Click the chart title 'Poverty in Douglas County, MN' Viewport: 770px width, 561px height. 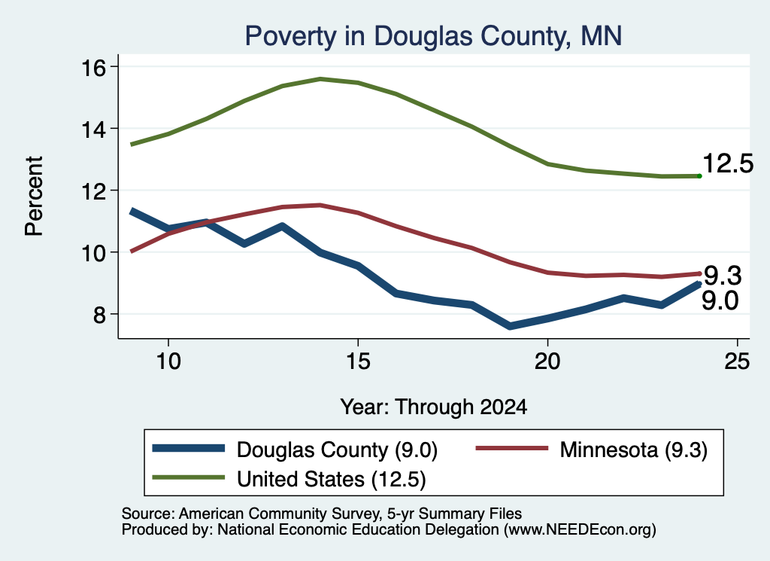(x=433, y=36)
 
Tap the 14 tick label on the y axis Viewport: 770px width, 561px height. (x=93, y=130)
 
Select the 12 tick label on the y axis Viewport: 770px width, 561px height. (x=93, y=191)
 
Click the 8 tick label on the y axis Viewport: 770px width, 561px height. (x=100, y=315)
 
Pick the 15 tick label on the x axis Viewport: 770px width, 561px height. (x=358, y=362)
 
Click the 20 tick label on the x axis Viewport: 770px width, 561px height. (x=547, y=362)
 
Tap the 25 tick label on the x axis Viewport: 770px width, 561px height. (x=737, y=362)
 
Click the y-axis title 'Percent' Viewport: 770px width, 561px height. (x=34, y=197)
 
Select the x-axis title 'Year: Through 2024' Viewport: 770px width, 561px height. (x=434, y=407)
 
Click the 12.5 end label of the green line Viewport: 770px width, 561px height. (x=728, y=163)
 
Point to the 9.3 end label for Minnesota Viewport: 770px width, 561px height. (x=723, y=276)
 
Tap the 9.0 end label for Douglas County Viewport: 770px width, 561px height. (x=720, y=300)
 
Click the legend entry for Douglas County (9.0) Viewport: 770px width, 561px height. (x=295, y=450)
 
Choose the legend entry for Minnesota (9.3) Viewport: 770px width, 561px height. (x=592, y=450)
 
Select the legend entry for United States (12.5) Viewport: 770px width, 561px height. (x=289, y=479)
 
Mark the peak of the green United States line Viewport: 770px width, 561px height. (x=320, y=78)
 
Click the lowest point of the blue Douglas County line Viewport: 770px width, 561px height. (x=510, y=326)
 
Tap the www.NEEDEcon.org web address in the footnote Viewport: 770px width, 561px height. (x=579, y=529)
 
